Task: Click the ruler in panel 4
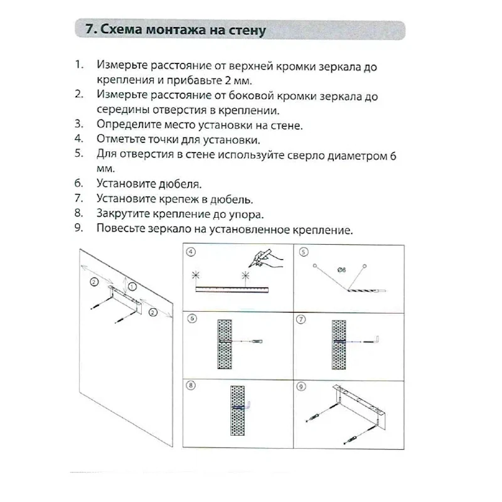pyautogui.click(x=232, y=289)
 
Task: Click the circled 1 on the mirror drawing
pyautogui.click(x=132, y=286)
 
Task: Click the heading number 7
pyautogui.click(x=88, y=29)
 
